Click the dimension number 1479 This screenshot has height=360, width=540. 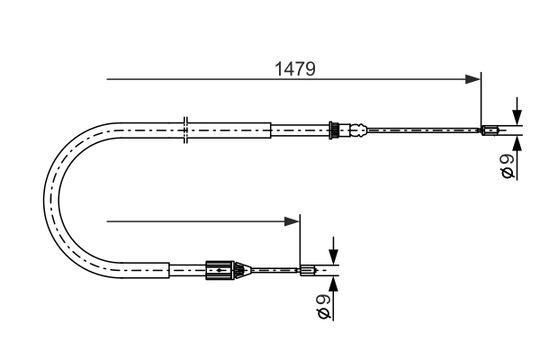(x=294, y=68)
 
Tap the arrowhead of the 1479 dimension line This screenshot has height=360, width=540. (x=473, y=79)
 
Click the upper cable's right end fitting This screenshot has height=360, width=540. (x=490, y=130)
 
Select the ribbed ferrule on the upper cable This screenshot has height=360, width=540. (x=334, y=130)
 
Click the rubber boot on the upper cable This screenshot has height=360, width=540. (x=357, y=130)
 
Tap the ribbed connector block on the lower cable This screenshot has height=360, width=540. (x=218, y=268)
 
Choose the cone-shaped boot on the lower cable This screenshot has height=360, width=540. (x=239, y=268)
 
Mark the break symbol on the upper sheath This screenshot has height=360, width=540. (x=184, y=129)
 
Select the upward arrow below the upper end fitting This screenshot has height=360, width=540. (x=517, y=141)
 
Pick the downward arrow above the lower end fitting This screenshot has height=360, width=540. (x=333, y=256)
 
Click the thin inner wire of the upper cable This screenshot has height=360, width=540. (x=423, y=130)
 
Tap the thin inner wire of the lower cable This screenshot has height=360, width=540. (x=274, y=268)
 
